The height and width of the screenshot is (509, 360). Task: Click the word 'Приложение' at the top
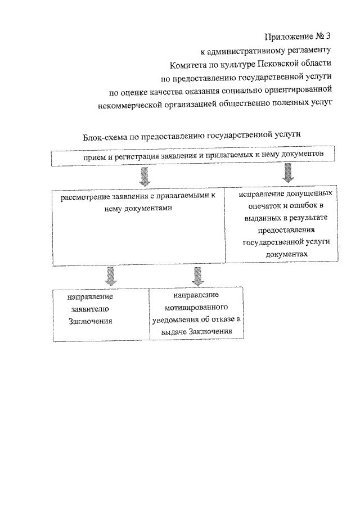[282, 37]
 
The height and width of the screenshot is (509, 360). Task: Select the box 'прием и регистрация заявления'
[195, 157]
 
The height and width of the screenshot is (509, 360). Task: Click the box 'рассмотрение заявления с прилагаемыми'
[139, 225]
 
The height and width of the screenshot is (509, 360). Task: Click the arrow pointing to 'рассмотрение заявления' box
[144, 177]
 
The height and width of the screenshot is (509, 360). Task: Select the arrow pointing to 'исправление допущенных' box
[287, 172]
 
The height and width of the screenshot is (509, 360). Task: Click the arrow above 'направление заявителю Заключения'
[111, 276]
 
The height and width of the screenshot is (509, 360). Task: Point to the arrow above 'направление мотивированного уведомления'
[197, 276]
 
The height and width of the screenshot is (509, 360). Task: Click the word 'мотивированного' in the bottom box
[196, 308]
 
